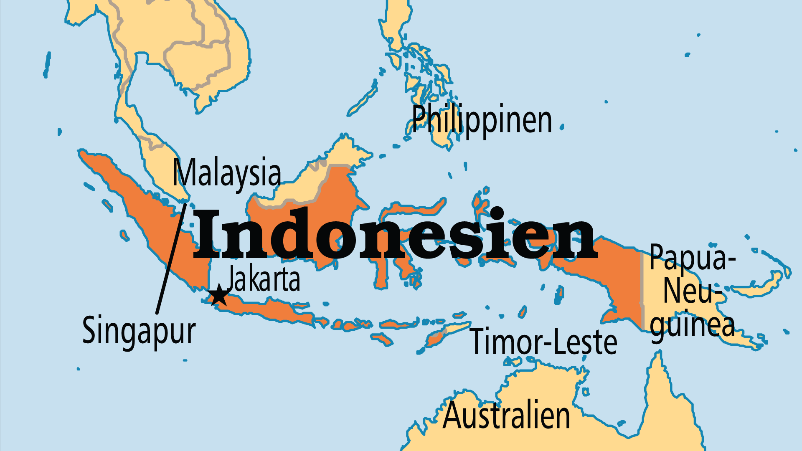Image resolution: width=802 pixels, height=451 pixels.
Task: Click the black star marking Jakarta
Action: (218, 296)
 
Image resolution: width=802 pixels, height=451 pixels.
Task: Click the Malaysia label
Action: (227, 173)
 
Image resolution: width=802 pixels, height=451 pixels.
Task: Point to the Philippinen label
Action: (482, 120)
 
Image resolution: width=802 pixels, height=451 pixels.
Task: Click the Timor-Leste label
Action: (543, 342)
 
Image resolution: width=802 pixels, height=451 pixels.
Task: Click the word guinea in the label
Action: (692, 326)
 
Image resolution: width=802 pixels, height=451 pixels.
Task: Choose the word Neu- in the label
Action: (692, 291)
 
